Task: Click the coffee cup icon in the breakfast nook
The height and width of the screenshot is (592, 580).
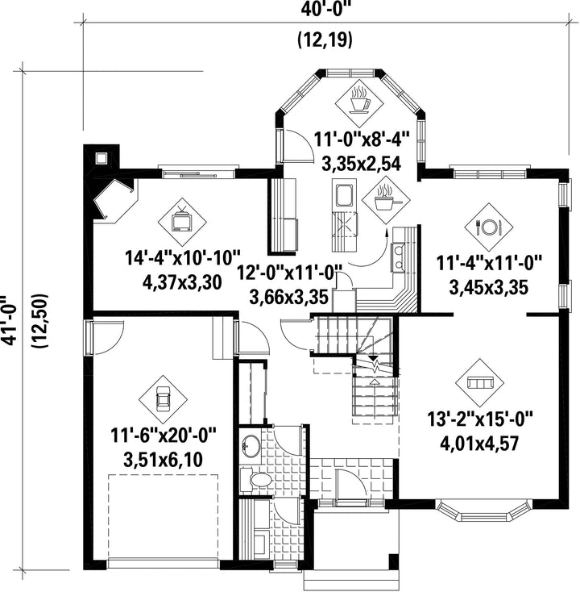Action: pyautogui.click(x=359, y=100)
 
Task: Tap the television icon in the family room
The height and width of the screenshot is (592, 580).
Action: pyautogui.click(x=182, y=220)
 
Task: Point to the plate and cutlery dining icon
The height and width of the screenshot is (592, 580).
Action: pyautogui.click(x=488, y=227)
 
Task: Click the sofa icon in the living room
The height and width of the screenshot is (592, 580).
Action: pyautogui.click(x=479, y=383)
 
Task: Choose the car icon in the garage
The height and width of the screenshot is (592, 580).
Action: pyautogui.click(x=164, y=399)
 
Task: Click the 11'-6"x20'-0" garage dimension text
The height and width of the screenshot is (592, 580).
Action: pyautogui.click(x=164, y=436)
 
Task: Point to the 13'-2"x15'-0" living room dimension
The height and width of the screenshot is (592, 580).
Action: pyautogui.click(x=479, y=419)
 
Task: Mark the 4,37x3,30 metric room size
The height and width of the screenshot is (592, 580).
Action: pyautogui.click(x=182, y=282)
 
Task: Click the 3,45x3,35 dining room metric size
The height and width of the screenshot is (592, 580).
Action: pyautogui.click(x=488, y=288)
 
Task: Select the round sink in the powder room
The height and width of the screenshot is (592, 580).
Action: pyautogui.click(x=251, y=446)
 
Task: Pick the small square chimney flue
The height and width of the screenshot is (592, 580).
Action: pyautogui.click(x=101, y=158)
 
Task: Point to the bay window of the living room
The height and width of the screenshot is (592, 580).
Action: pyautogui.click(x=484, y=511)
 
